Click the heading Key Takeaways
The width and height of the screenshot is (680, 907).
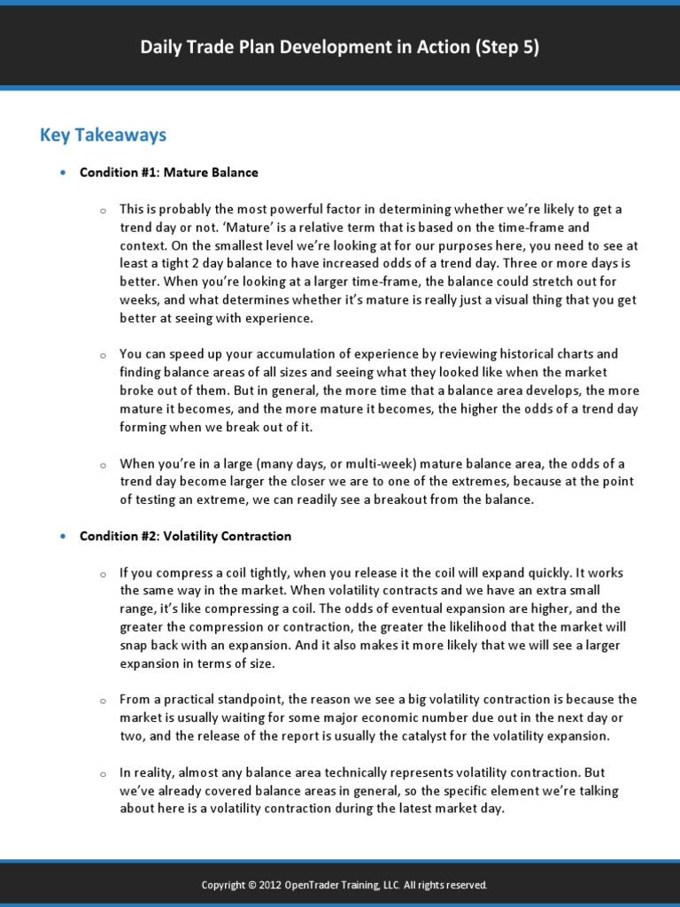click(103, 135)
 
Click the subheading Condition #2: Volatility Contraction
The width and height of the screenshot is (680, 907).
click(185, 536)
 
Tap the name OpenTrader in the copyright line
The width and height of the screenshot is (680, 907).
click(316, 885)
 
